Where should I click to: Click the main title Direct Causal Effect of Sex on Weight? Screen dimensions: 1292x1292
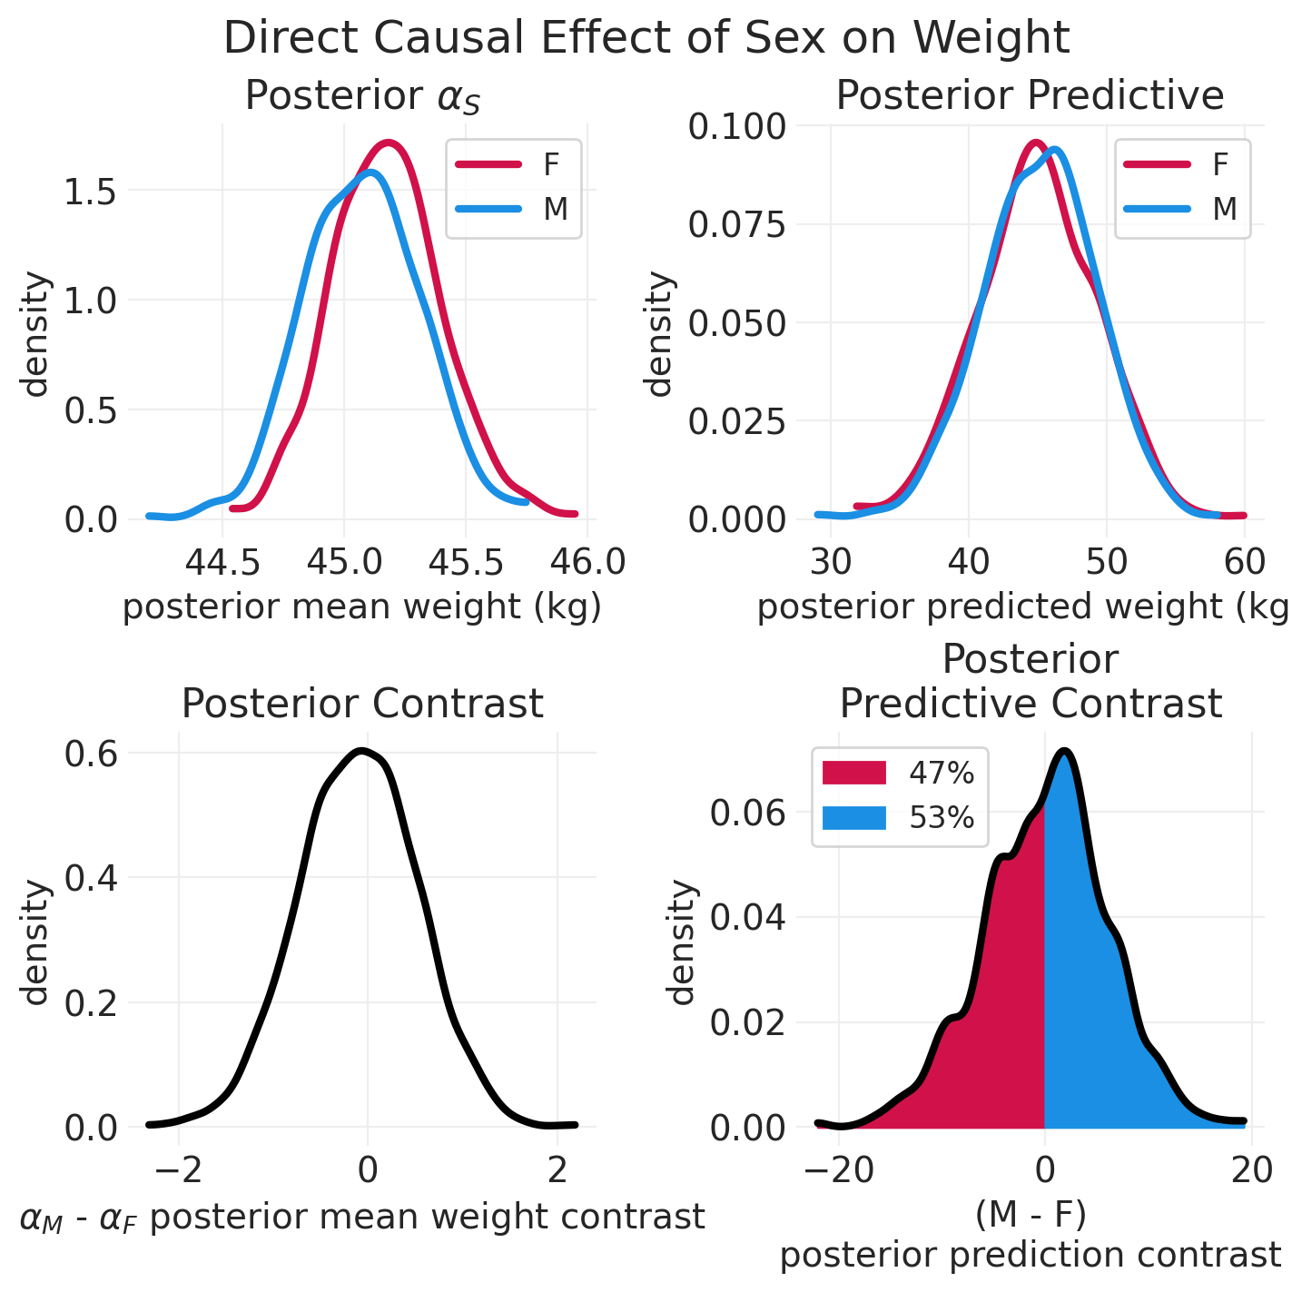point(646,39)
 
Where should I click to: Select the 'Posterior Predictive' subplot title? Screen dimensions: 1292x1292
point(1030,95)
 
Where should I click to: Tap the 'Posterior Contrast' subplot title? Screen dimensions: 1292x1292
point(362,704)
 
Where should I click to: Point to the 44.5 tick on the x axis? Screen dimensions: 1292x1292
point(222,563)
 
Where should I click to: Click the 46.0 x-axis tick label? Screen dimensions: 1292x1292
point(588,563)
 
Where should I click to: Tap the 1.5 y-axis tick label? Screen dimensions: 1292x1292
point(90,192)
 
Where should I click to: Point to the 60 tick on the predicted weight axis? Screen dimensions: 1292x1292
point(1245,563)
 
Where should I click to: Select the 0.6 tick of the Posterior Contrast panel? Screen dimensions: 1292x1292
point(90,754)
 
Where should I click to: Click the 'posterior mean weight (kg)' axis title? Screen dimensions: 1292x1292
point(362,607)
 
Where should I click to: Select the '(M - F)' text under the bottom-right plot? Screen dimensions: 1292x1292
point(1030,1213)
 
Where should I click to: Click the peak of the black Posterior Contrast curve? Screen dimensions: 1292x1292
point(362,751)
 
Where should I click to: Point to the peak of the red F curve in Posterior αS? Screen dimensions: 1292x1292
point(389,143)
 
